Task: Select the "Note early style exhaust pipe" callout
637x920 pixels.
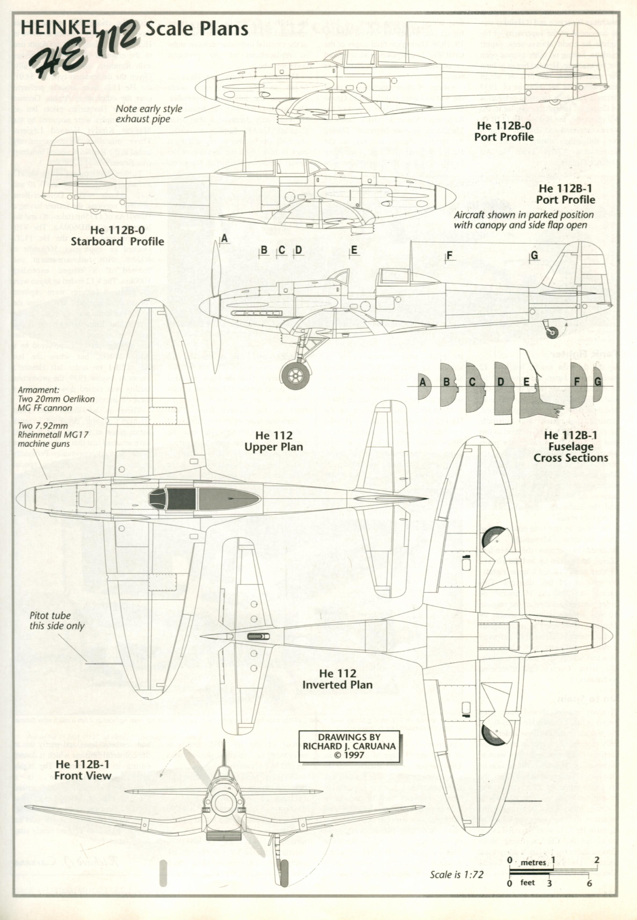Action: [x=149, y=114]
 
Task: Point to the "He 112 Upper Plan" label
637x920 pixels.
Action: [x=274, y=441]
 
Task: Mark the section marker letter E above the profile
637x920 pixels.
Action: [x=354, y=250]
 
